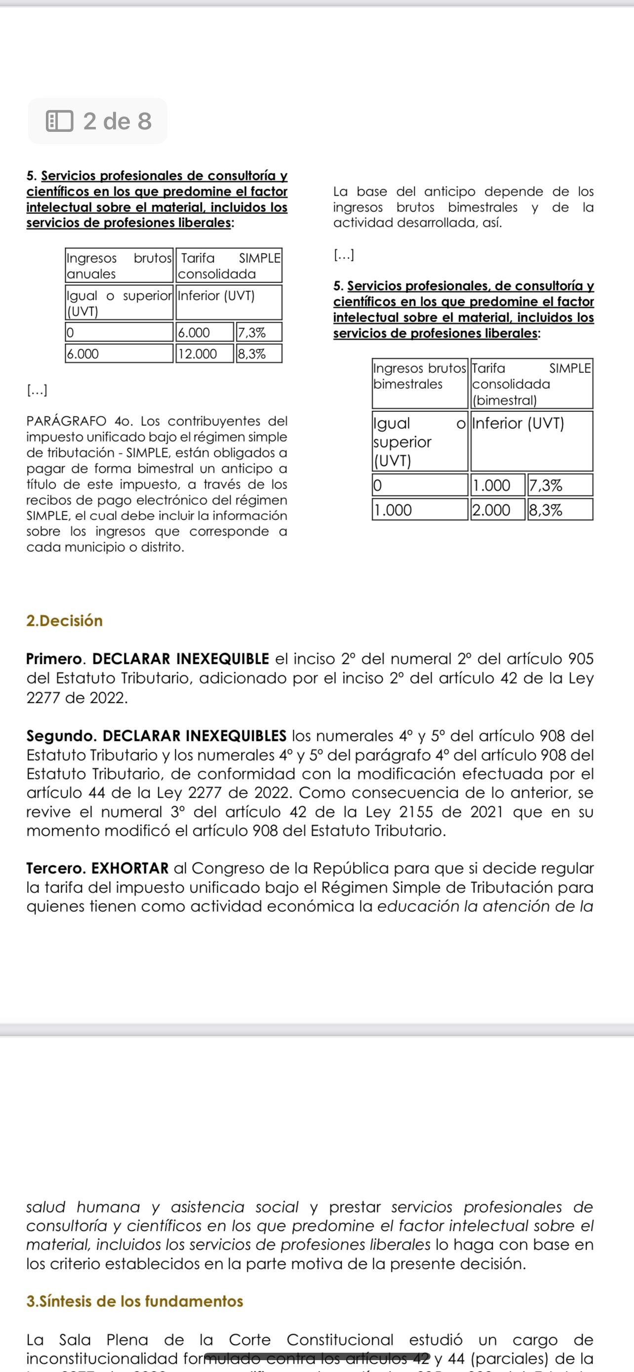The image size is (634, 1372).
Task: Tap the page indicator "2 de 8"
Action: [117, 121]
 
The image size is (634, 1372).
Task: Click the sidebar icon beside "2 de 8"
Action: [59, 121]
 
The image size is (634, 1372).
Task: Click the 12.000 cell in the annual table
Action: [197, 354]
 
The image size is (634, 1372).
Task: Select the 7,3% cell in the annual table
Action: [252, 333]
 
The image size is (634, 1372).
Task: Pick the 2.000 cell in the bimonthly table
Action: [491, 510]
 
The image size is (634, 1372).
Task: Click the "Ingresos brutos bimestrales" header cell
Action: [420, 376]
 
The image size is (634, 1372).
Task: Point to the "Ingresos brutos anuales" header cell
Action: [119, 266]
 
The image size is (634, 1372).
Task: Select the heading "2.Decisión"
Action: [64, 620]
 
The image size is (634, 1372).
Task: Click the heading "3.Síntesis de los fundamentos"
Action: [135, 1301]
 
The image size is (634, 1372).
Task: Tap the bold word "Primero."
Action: [57, 659]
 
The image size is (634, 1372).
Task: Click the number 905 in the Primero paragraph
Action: [581, 659]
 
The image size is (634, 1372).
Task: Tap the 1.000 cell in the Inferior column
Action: [491, 485]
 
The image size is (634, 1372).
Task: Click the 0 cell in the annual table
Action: [119, 333]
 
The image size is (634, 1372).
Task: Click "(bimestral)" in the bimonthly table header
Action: [505, 400]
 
